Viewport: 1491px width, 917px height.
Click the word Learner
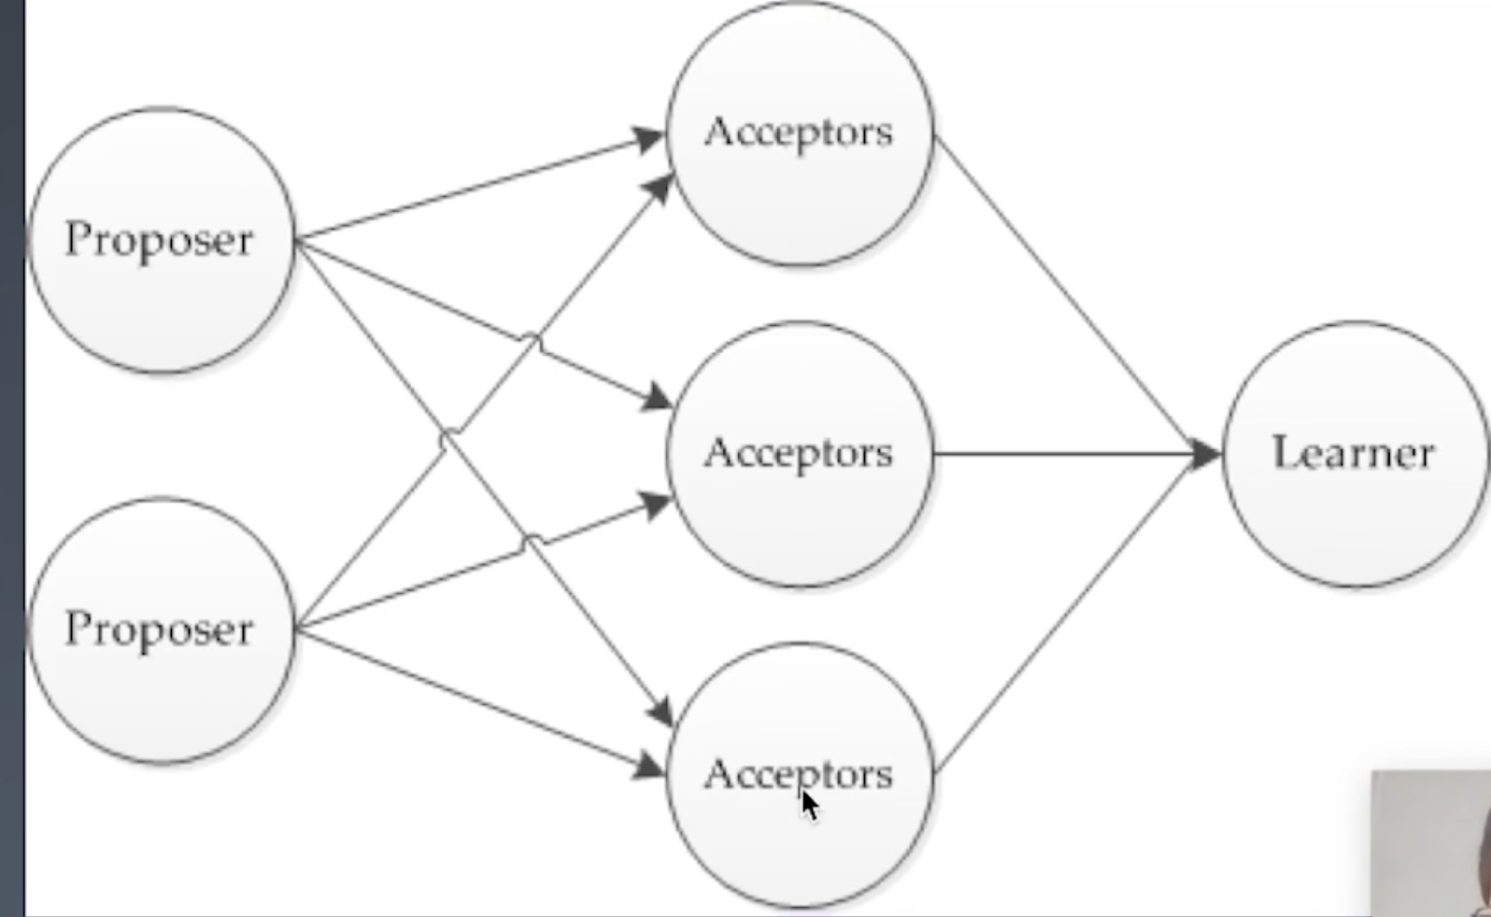pyautogui.click(x=1353, y=454)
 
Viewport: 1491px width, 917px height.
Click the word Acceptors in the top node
pyautogui.click(x=799, y=132)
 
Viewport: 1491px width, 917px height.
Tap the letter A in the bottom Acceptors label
pyautogui.click(x=718, y=774)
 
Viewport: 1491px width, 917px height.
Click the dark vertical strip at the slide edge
pyautogui.click(x=11, y=458)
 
